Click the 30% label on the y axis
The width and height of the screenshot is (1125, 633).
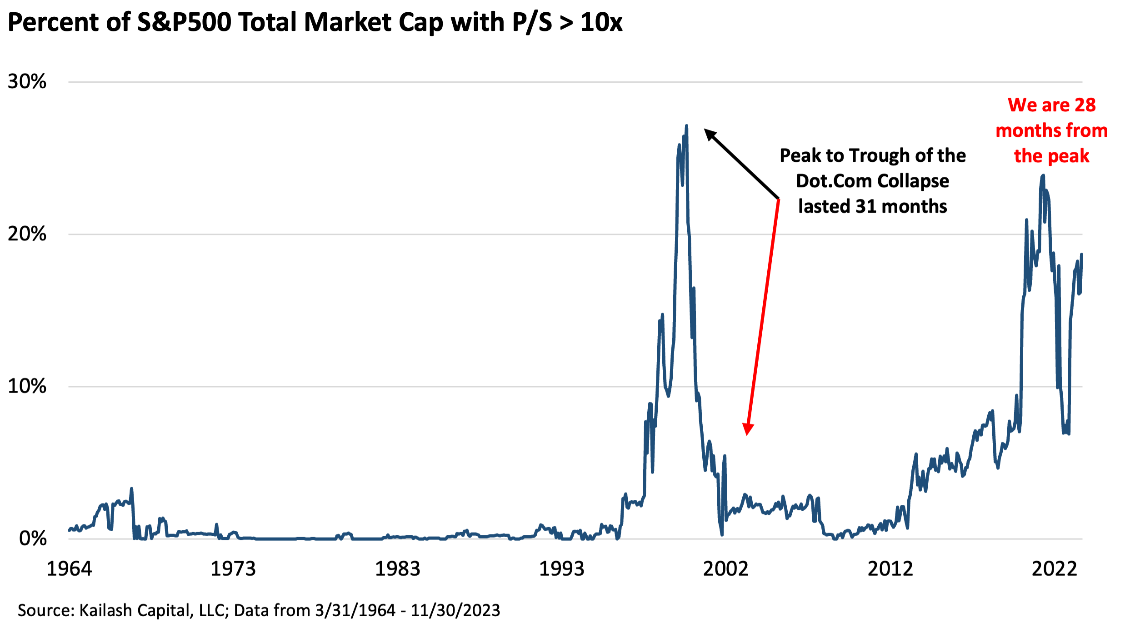click(x=27, y=82)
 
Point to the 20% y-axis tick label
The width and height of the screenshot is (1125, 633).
click(x=27, y=234)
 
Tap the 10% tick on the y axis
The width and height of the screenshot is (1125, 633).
click(x=27, y=386)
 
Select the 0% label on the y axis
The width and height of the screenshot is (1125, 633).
click(x=33, y=538)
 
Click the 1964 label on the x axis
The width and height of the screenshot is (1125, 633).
click(x=69, y=569)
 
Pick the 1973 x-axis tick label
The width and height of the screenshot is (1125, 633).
click(x=233, y=569)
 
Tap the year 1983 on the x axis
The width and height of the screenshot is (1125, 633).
click(x=397, y=569)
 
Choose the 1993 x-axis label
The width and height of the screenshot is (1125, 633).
click(x=561, y=569)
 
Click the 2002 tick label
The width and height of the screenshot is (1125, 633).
click(x=725, y=569)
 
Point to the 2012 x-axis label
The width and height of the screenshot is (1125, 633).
click(x=890, y=569)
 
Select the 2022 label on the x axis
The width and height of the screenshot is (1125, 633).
click(x=1054, y=569)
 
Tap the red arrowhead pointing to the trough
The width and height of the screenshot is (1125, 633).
click(x=748, y=429)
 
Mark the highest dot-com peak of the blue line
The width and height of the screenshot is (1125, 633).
click(x=686, y=126)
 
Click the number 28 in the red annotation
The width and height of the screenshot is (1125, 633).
click(x=1085, y=105)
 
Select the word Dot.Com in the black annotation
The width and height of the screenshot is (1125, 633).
click(x=834, y=181)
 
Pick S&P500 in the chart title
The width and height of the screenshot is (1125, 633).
click(x=185, y=22)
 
